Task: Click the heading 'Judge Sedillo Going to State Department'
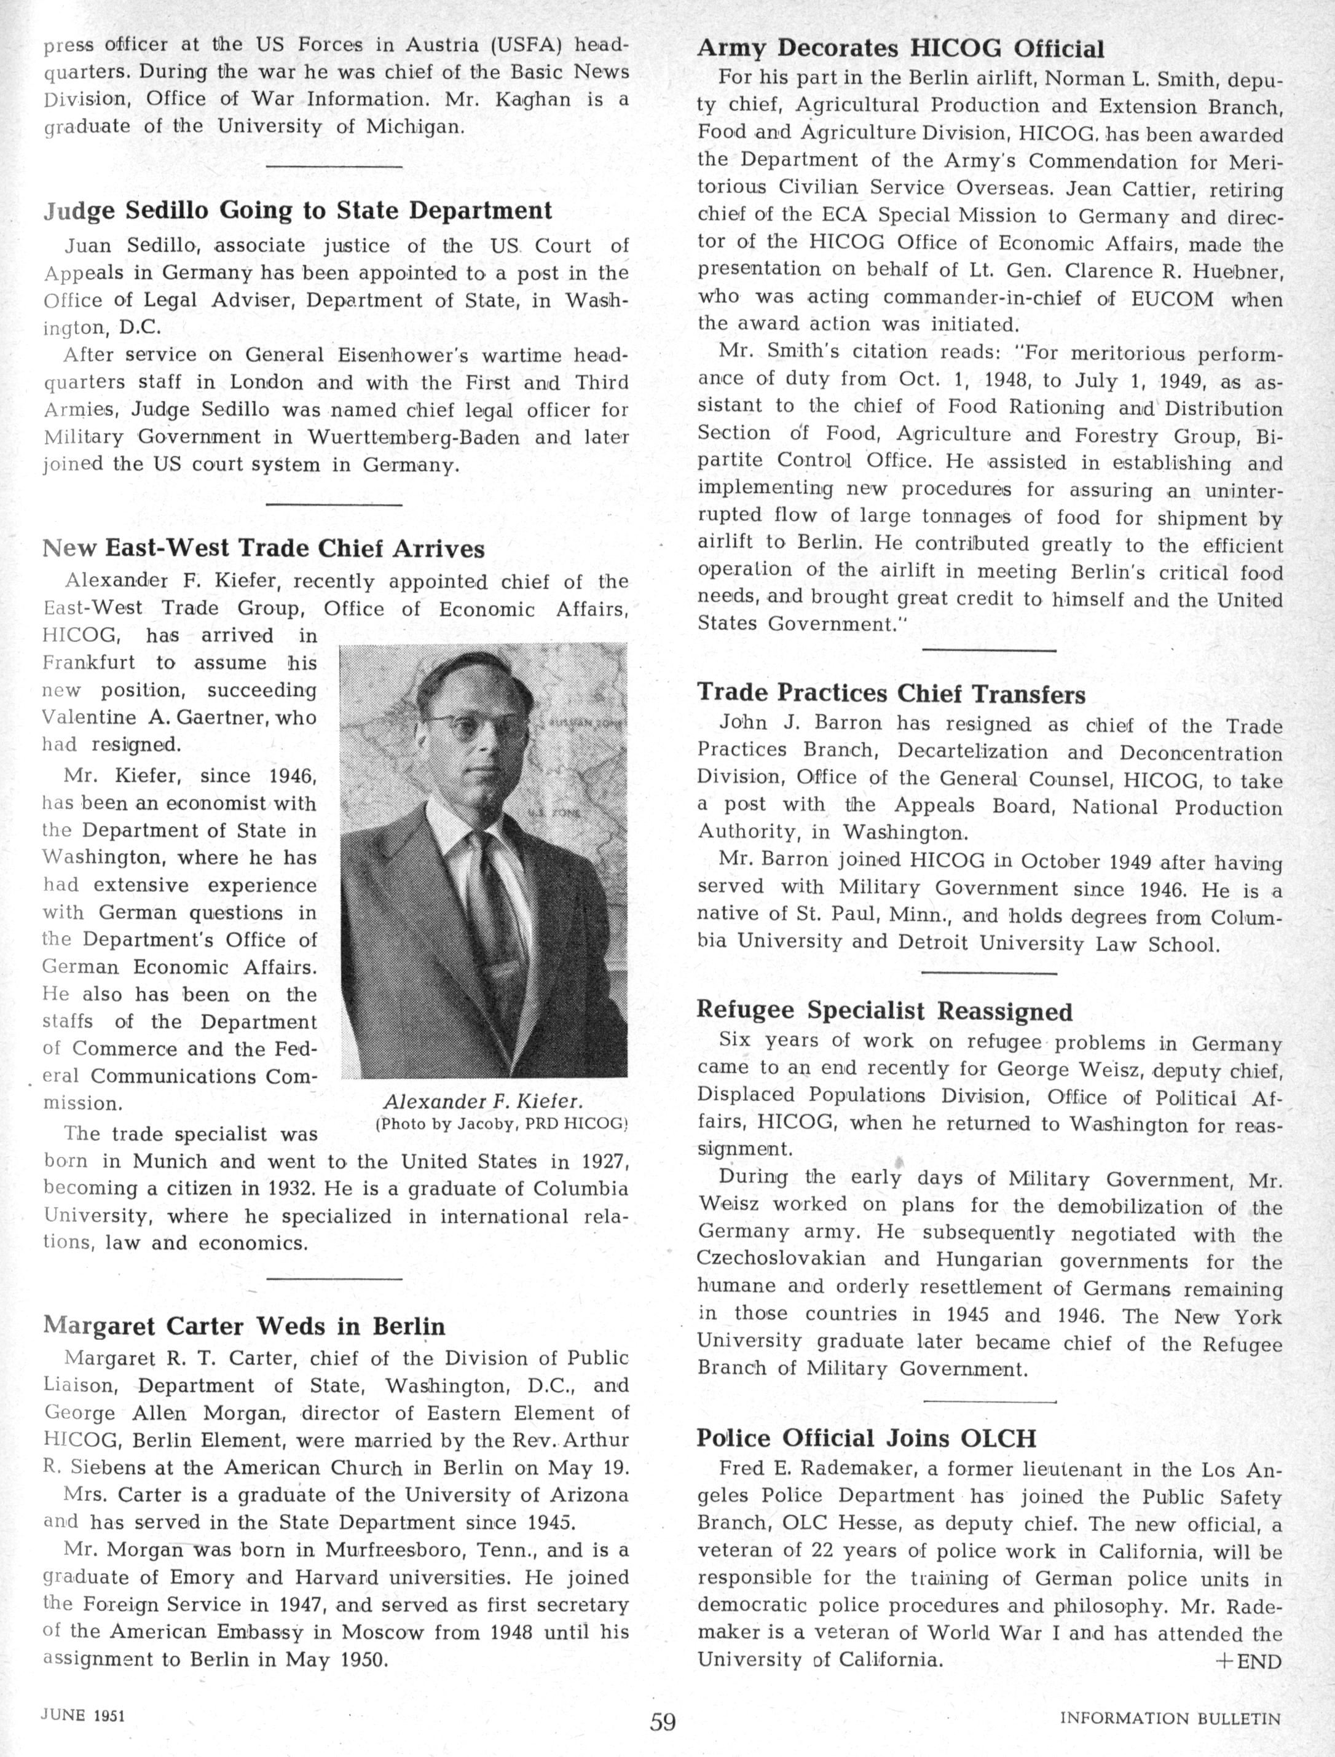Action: coord(297,211)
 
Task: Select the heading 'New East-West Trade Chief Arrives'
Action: coord(263,548)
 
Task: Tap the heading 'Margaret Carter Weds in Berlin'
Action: coord(243,1326)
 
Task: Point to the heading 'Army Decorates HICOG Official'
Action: coord(900,49)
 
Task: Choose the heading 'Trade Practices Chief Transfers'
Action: coord(891,694)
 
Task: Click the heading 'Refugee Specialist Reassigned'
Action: coord(884,1011)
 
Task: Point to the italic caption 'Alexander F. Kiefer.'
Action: coord(483,1102)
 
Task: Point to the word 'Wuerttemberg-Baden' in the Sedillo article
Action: coord(413,437)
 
